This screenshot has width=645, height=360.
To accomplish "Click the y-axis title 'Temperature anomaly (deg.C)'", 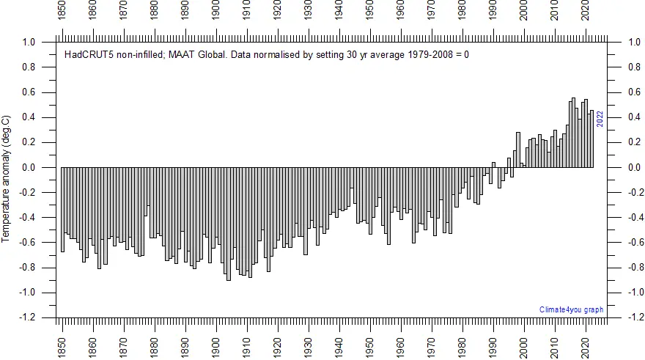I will pos(6,179).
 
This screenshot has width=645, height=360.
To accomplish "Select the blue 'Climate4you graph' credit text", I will pos(571,309).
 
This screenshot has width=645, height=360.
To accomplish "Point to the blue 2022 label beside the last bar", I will pos(600,119).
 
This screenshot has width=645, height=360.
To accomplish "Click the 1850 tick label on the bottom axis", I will pos(62,342).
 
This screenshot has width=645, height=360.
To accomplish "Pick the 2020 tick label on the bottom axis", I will pos(585,342).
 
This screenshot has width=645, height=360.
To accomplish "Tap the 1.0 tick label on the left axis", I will pos(29,43).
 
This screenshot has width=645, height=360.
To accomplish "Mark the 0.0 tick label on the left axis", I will pos(29,168).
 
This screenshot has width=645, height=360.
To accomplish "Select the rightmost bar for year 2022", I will pos(591,139).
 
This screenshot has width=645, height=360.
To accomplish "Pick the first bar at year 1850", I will pos(62,210).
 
